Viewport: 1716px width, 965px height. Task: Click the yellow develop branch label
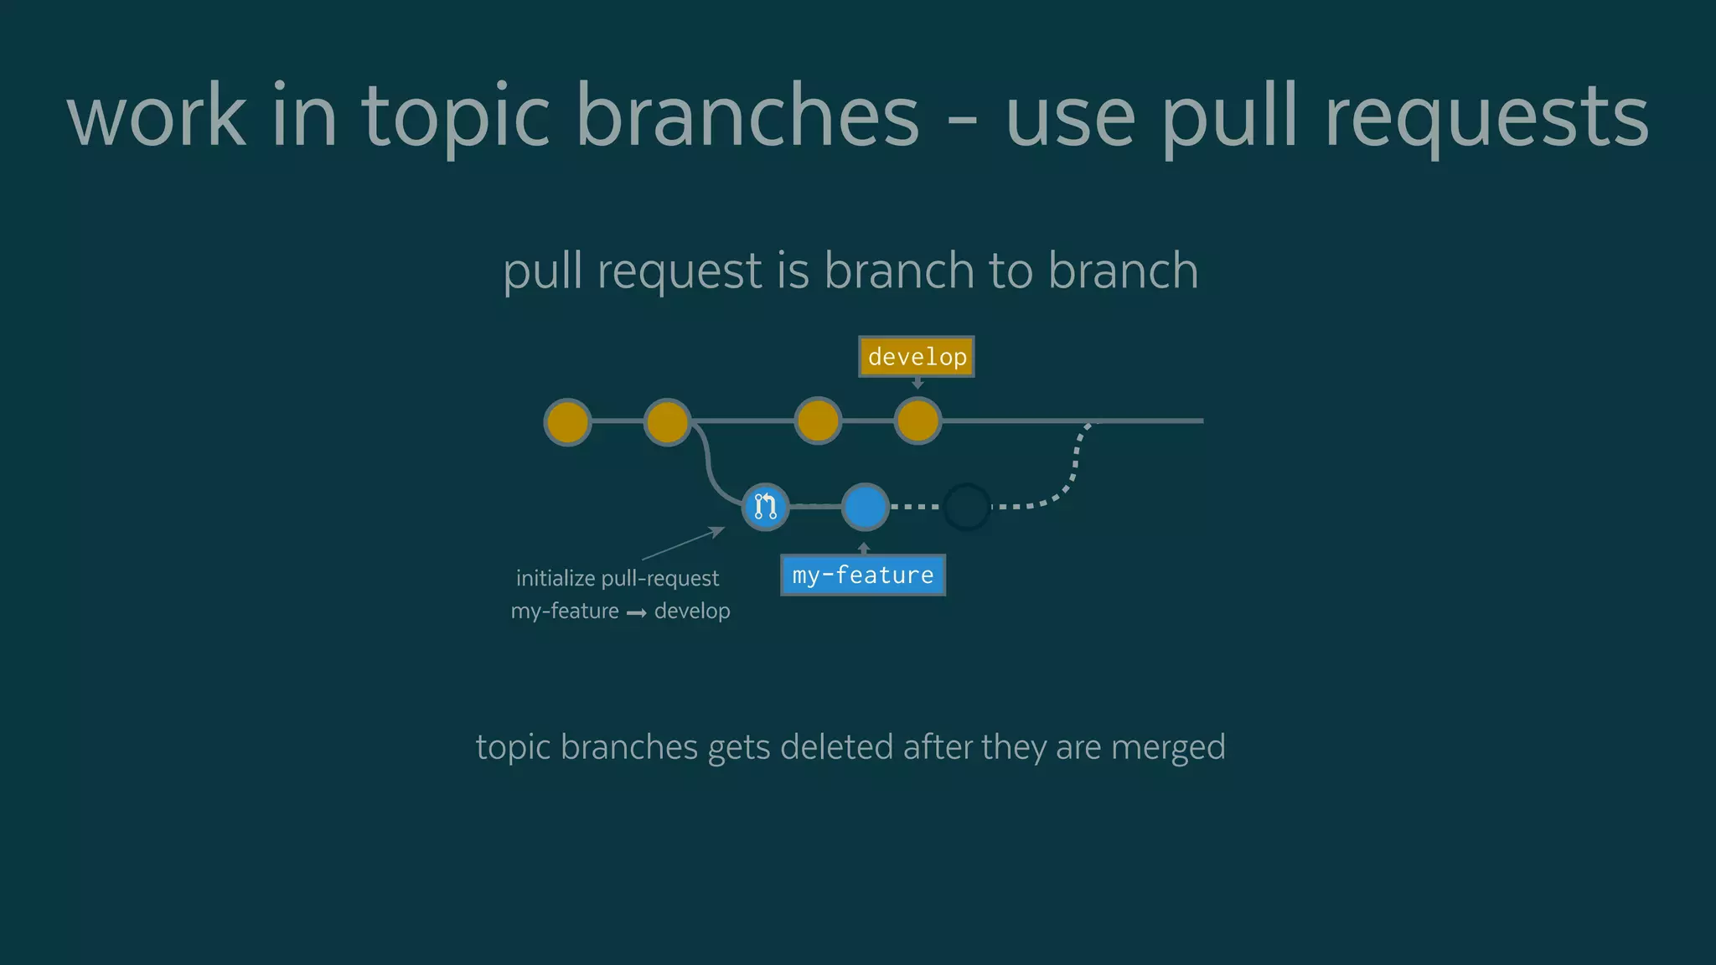point(917,357)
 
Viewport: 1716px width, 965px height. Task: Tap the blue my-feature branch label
point(863,575)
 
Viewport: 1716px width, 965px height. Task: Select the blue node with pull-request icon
point(765,507)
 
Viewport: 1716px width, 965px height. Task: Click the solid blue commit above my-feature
point(865,507)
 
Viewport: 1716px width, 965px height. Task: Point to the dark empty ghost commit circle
point(967,507)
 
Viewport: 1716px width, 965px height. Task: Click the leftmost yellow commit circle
point(567,421)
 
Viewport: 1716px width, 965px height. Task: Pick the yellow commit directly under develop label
point(917,421)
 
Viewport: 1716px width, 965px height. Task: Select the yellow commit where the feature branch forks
point(667,421)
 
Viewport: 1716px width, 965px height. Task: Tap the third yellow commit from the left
point(817,421)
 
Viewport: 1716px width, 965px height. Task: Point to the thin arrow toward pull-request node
point(683,544)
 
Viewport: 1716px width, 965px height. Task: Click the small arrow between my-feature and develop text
point(637,613)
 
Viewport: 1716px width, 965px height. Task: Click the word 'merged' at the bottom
point(1168,746)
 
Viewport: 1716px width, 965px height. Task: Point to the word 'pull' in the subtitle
point(542,271)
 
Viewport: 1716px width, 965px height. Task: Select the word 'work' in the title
point(157,117)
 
